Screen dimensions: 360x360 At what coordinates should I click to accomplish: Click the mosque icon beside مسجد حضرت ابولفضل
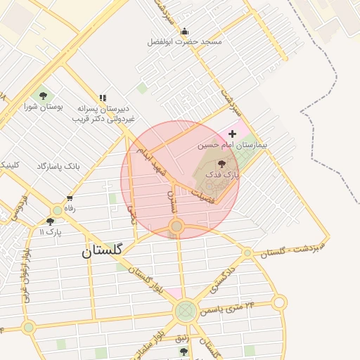coord(184,31)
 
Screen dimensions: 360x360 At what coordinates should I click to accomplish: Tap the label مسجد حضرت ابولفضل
coord(184,42)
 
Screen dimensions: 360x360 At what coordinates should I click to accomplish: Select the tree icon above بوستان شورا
coord(44,96)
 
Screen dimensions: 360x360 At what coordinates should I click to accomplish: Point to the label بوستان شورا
coord(44,107)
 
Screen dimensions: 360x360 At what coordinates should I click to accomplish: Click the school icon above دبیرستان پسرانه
coord(103,98)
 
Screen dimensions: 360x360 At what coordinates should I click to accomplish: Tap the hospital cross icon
coord(233,133)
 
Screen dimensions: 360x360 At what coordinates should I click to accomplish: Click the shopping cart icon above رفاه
coord(69,198)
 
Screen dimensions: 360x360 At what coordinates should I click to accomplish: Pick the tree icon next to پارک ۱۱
coord(50,221)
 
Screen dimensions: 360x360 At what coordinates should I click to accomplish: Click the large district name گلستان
coord(102,250)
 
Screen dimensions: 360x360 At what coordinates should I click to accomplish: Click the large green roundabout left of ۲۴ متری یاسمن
coord(186,310)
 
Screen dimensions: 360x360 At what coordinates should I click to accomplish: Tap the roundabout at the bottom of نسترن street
coord(176,226)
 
